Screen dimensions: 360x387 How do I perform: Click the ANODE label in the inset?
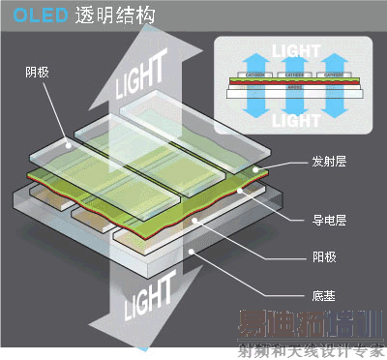(291, 85)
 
